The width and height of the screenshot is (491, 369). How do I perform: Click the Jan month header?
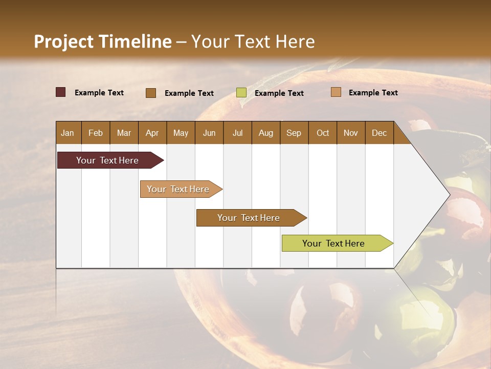(68, 133)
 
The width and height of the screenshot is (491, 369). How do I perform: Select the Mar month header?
(124, 133)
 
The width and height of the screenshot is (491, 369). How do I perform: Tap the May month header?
(181, 133)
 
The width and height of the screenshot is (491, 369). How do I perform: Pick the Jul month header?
(237, 133)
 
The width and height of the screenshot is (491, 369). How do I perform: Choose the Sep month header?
(294, 133)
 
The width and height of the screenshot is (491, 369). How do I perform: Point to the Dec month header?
(379, 133)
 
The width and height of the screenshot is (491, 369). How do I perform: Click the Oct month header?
(323, 133)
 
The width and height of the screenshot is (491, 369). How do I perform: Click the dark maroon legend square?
(61, 92)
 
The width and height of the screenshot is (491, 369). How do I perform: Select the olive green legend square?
(241, 93)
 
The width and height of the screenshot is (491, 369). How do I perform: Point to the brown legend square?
(151, 93)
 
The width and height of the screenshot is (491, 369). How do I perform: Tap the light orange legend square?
(336, 92)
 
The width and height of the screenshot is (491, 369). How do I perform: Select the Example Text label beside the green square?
(279, 93)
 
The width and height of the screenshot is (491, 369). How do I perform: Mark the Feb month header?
(96, 133)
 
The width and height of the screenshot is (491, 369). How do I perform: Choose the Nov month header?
(351, 133)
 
